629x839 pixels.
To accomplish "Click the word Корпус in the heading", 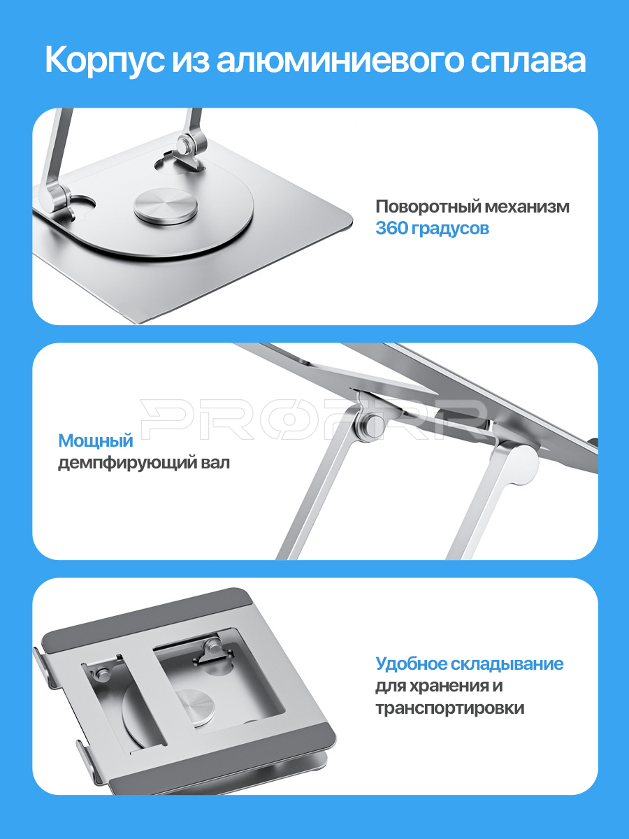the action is [x=105, y=61].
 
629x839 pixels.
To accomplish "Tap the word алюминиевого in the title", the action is [x=340, y=61].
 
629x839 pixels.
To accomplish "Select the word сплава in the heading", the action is [x=528, y=61].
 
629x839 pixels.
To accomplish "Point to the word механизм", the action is [x=527, y=207].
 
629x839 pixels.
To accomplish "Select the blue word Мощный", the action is [x=96, y=441].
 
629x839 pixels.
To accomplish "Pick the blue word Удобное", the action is [x=411, y=664].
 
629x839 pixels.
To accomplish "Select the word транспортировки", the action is [x=450, y=708].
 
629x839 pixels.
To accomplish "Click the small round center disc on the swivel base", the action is [x=166, y=208].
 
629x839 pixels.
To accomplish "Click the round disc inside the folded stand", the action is [x=196, y=706].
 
